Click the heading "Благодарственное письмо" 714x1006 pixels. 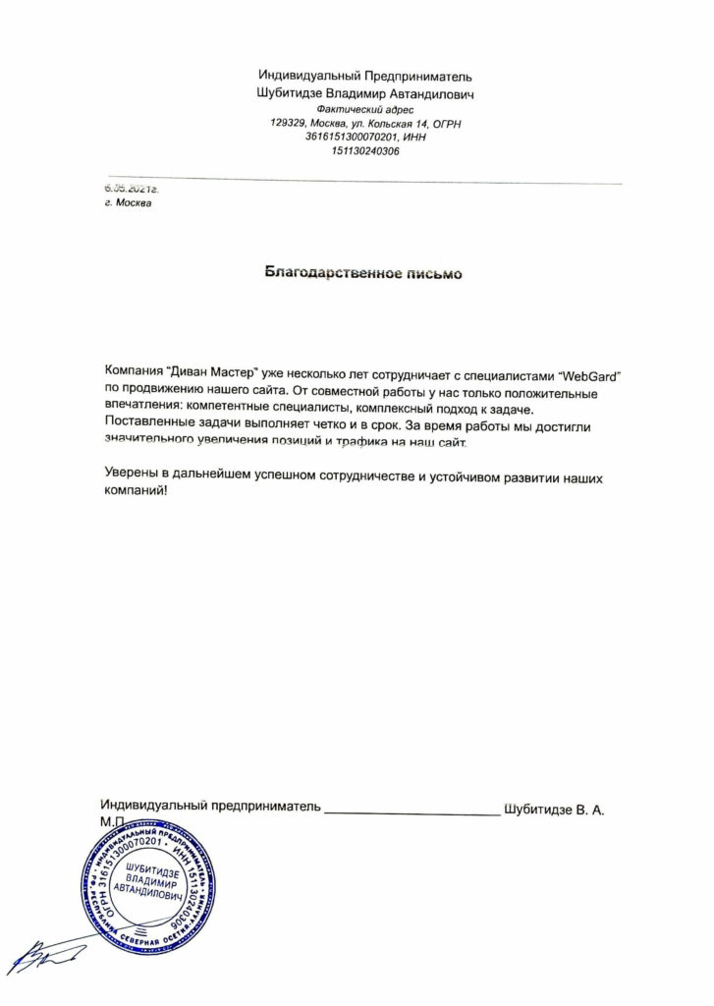pyautogui.click(x=363, y=274)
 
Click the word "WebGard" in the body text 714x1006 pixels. pyautogui.click(x=593, y=373)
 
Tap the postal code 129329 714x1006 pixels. pyautogui.click(x=288, y=124)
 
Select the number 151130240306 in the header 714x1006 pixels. pyautogui.click(x=365, y=151)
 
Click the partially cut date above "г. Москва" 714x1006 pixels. pyautogui.click(x=131, y=187)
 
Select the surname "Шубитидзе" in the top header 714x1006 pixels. pyautogui.click(x=289, y=93)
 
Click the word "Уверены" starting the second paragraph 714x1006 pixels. pyautogui.click(x=134, y=476)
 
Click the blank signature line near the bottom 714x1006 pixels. pyautogui.click(x=412, y=812)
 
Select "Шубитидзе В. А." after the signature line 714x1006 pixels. pyautogui.click(x=553, y=810)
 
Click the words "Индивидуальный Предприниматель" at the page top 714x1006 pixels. pyautogui.click(x=365, y=77)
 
